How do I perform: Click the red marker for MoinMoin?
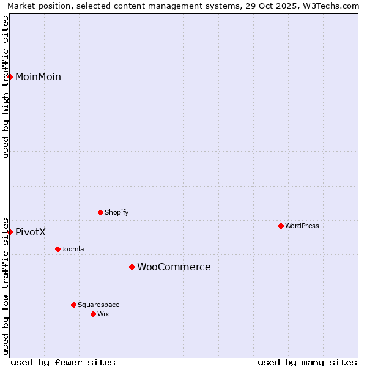point(10,76)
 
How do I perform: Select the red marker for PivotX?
point(10,232)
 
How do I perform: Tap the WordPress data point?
point(281,226)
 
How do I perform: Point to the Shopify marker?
point(100,212)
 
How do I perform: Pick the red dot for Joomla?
point(57,249)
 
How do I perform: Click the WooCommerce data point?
point(132,267)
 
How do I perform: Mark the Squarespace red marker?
point(73,305)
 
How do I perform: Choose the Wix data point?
point(93,314)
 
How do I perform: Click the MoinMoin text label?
point(38,76)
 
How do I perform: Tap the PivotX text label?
point(31,232)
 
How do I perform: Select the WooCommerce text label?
point(174,267)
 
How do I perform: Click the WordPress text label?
point(302,226)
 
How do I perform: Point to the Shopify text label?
point(117,212)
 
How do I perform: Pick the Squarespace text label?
point(98,305)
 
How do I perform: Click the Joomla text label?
point(73,249)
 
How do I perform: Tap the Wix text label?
point(103,314)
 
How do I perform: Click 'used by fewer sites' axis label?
point(63,362)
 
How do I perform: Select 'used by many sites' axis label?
point(307,362)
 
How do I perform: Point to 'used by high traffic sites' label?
point(6,87)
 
